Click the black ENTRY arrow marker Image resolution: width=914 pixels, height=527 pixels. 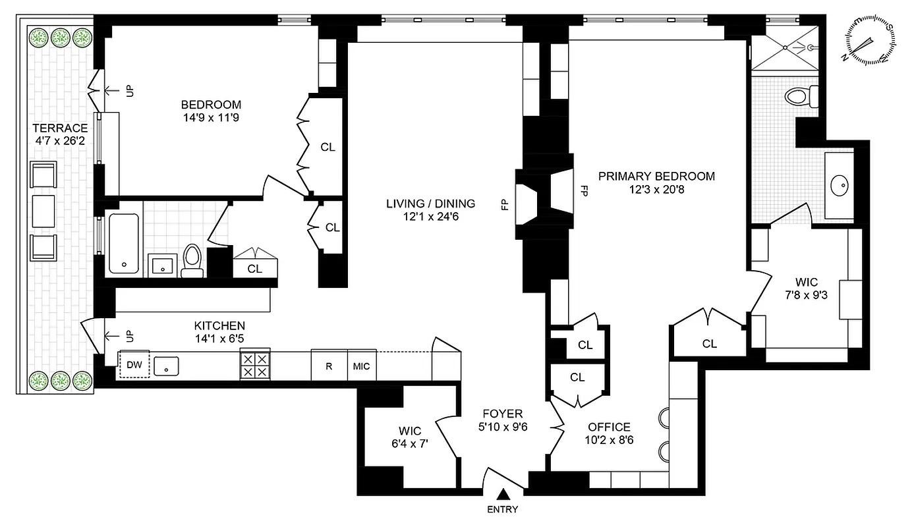pos(503,493)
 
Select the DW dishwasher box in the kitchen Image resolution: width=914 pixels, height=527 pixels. pos(134,365)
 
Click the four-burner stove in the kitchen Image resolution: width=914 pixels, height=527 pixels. pos(254,365)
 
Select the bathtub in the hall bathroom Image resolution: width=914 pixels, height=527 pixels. pos(123,242)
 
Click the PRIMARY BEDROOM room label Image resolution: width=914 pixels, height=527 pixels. pos(656,177)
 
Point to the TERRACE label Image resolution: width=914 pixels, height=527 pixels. pos(61,128)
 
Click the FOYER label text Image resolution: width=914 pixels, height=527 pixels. pos(503,414)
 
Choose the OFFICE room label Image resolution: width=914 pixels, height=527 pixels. pos(609,427)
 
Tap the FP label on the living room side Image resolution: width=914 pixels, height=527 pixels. pos(505,205)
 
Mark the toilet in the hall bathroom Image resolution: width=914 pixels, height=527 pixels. pos(192,260)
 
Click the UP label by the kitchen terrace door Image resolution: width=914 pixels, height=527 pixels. pos(129,337)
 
